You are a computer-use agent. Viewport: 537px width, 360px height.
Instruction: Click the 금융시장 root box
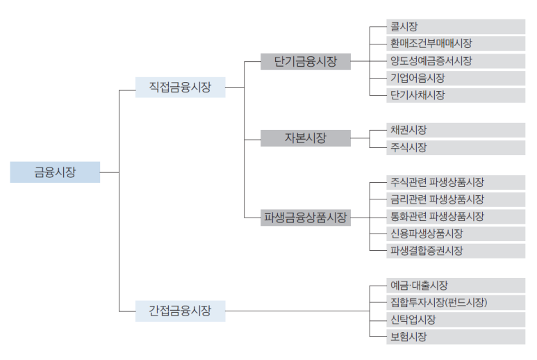55,172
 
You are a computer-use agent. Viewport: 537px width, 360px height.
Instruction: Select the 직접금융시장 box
180,87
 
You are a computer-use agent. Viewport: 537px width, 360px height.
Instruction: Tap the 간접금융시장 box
180,310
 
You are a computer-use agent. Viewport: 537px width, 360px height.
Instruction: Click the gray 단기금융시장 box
306,61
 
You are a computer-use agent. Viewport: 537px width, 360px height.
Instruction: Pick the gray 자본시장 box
306,138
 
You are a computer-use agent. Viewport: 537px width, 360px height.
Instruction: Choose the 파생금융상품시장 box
306,217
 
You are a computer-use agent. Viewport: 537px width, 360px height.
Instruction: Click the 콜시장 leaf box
456,26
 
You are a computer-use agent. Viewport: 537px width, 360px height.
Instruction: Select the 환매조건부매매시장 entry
456,44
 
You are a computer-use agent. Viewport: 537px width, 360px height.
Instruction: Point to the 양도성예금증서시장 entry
456,60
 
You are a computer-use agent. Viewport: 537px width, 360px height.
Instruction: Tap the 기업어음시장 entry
456,78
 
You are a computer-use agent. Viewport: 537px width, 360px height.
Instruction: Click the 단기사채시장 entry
456,95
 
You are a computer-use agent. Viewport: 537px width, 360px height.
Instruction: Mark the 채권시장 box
456,130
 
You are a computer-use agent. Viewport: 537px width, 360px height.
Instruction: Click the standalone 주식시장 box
456,147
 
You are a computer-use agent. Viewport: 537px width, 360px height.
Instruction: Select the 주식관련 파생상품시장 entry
456,182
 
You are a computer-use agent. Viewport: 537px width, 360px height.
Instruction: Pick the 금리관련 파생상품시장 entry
456,199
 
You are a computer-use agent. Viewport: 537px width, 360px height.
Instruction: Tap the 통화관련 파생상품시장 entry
456,216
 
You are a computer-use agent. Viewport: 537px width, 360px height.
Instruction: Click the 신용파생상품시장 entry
456,234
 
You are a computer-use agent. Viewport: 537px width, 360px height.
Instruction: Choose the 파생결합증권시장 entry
456,251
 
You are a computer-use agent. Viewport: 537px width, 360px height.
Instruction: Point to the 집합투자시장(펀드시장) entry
456,302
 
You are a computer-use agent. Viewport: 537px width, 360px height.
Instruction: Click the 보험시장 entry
456,337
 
